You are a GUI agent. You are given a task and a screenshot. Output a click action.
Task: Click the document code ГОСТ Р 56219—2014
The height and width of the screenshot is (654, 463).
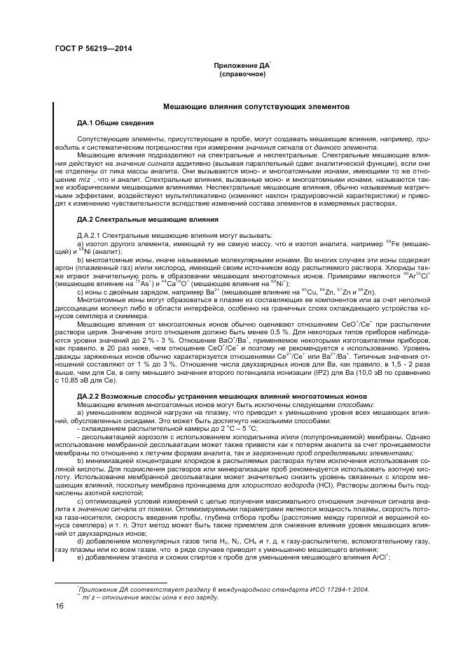coord(93,48)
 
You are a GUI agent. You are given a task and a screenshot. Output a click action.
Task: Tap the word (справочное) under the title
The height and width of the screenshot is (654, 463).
coord(242,73)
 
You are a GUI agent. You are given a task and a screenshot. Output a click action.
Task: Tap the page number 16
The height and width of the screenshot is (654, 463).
coord(60,606)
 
